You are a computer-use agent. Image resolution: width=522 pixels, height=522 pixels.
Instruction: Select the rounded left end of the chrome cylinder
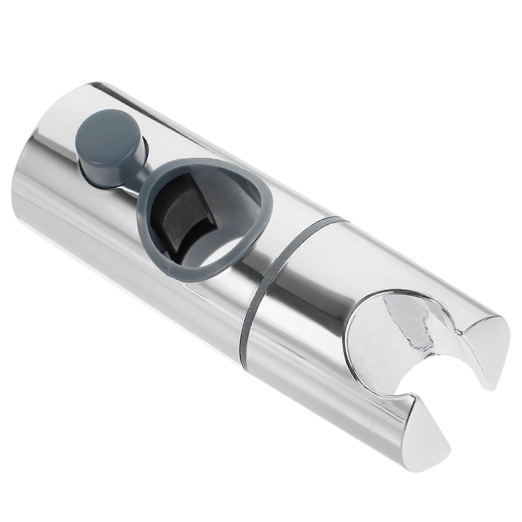click(x=29, y=179)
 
